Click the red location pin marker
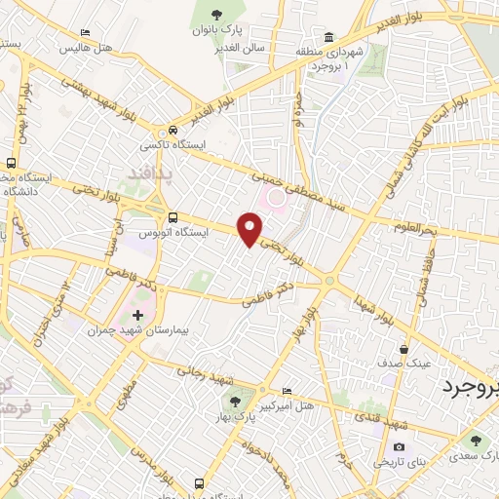tap(250, 229)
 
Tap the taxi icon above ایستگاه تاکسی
tap(173, 130)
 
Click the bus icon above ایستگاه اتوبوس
tap(173, 217)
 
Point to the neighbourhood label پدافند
tap(148, 173)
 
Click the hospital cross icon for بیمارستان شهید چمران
tap(137, 315)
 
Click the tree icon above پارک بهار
tap(234, 401)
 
